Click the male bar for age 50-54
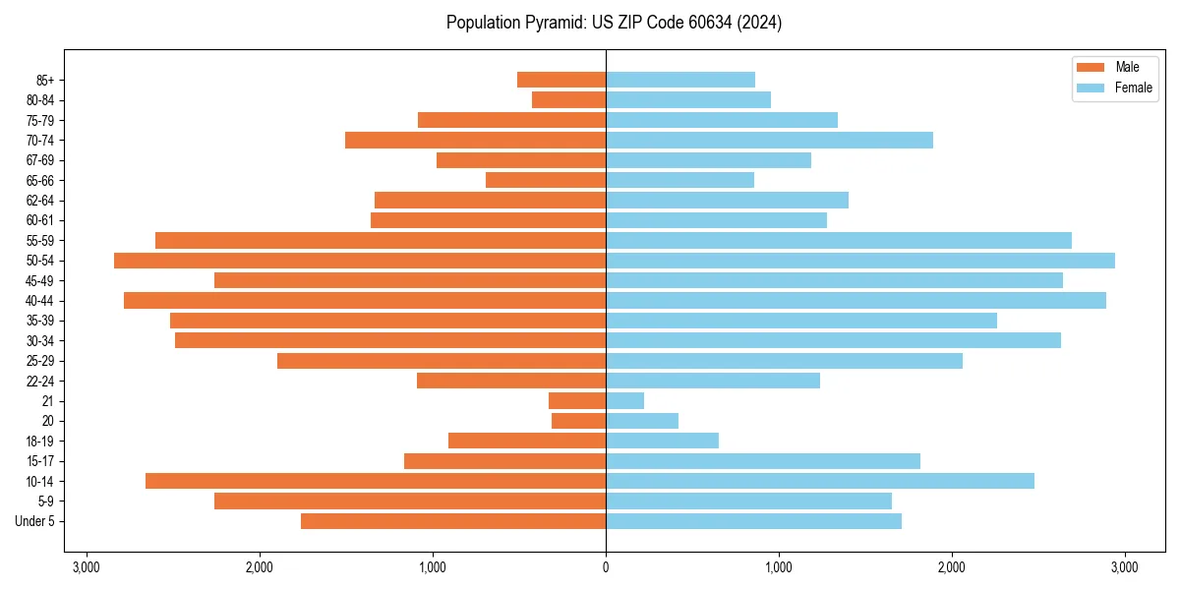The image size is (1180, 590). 360,261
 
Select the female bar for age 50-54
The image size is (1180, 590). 860,261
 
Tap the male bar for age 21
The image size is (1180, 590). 577,401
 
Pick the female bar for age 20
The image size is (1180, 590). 642,421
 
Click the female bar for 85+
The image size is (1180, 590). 680,80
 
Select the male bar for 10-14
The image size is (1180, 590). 376,481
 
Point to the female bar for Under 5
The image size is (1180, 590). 753,521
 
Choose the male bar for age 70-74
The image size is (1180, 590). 475,141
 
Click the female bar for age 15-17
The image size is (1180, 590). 763,461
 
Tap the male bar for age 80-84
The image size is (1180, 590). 568,100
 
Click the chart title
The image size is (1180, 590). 614,23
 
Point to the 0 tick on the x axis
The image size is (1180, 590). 606,567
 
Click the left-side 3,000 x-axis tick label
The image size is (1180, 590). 87,567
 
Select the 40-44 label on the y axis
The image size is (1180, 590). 39,301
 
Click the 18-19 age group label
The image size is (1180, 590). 39,442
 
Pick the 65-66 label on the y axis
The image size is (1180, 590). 39,181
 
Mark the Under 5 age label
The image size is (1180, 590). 34,521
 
